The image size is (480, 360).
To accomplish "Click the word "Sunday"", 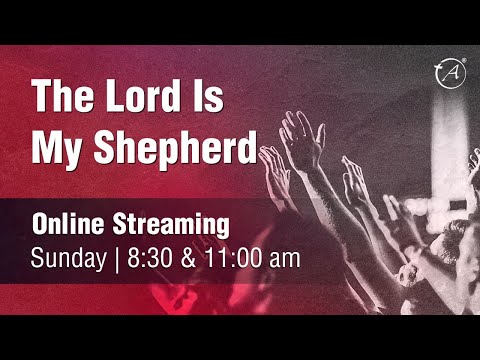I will [x=68, y=258].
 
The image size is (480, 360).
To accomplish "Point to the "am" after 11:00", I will [x=283, y=258].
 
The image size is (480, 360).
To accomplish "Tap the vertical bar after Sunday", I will [x=117, y=258].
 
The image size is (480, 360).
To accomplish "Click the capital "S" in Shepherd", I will [x=104, y=147].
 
